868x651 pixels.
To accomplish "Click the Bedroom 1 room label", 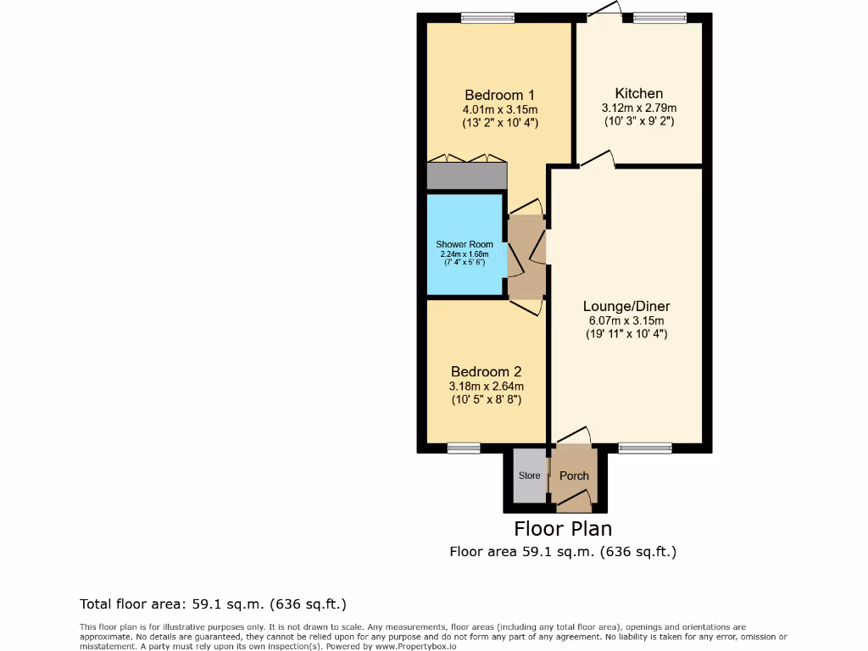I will pyautogui.click(x=499, y=95).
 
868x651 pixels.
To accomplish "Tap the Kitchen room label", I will pyautogui.click(x=639, y=93).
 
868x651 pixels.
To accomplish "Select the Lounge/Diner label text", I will pyautogui.click(x=626, y=306).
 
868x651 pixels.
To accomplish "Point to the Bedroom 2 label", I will pyautogui.click(x=486, y=371).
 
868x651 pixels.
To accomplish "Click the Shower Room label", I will pyautogui.click(x=465, y=244).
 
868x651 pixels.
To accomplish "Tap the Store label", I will pyautogui.click(x=530, y=476).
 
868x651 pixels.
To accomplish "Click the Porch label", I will pyautogui.click(x=574, y=476).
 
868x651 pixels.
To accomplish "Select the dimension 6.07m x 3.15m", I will pyautogui.click(x=626, y=320).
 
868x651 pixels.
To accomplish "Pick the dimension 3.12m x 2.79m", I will pyautogui.click(x=639, y=108).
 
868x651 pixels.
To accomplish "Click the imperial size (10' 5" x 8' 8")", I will pyautogui.click(x=486, y=399).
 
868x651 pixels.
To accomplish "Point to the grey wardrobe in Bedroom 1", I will pyautogui.click(x=466, y=175).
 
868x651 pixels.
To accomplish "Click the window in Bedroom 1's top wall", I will pyautogui.click(x=487, y=18).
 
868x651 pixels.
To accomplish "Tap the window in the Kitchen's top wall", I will pyautogui.click(x=659, y=18).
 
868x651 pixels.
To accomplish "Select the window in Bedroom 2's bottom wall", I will pyautogui.click(x=464, y=448).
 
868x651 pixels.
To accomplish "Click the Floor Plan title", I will pyautogui.click(x=563, y=529).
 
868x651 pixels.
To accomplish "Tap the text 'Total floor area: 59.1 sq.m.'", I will pyautogui.click(x=173, y=604).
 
